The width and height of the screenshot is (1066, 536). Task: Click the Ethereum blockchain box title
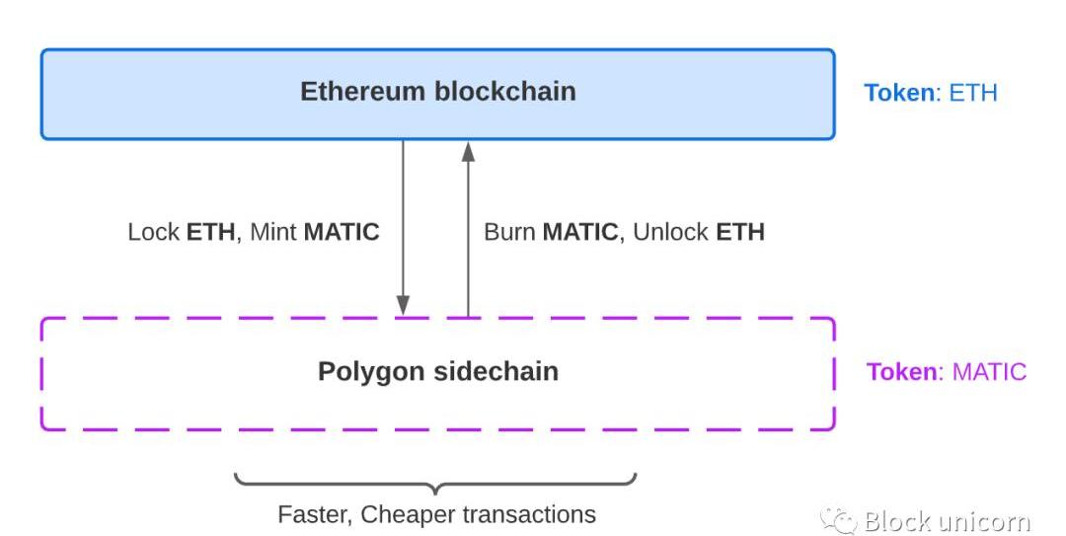click(437, 92)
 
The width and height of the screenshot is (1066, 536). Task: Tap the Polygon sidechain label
click(437, 372)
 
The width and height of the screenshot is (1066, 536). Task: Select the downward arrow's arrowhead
click(403, 306)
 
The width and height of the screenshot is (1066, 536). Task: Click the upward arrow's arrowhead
click(468, 150)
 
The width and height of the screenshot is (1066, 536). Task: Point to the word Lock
click(154, 233)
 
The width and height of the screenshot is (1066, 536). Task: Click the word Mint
click(273, 233)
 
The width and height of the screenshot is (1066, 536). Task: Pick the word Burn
click(509, 233)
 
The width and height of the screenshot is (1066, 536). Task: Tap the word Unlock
click(670, 233)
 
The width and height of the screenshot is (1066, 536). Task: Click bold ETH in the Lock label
click(210, 233)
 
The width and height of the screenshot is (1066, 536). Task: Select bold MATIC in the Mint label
click(342, 233)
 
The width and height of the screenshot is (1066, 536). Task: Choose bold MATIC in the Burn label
click(580, 233)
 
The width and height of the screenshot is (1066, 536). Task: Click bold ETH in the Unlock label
click(740, 233)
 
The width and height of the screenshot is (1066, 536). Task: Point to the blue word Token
click(899, 93)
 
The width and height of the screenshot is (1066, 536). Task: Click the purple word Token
click(902, 372)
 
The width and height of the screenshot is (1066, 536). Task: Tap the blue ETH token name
click(973, 93)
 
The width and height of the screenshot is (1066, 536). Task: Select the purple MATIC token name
click(989, 372)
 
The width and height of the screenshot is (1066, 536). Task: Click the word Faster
click(315, 514)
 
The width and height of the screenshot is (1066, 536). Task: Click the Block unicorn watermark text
click(947, 521)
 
